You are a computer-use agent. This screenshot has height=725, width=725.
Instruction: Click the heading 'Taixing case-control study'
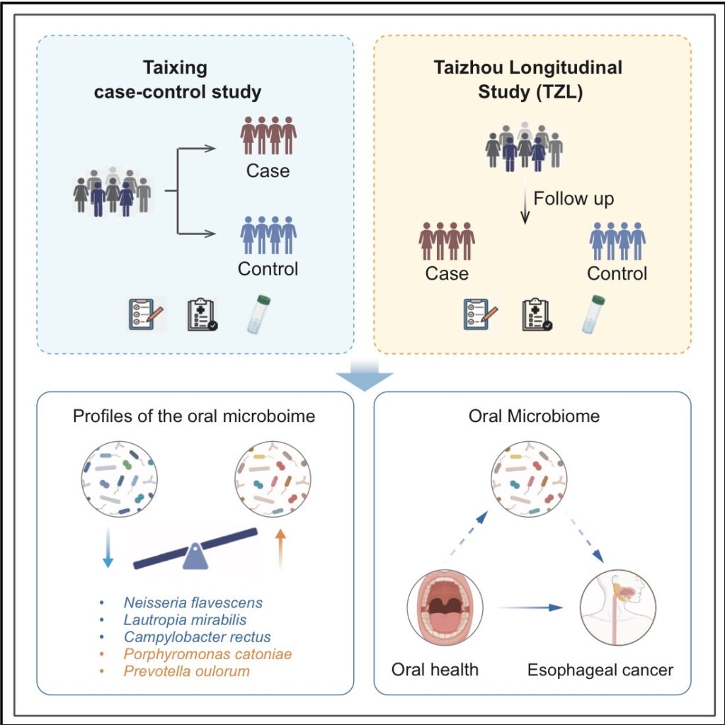coord(178,80)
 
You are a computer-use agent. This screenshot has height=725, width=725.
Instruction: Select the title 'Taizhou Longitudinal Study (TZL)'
coord(527,80)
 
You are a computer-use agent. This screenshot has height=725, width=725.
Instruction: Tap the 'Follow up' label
coord(573,198)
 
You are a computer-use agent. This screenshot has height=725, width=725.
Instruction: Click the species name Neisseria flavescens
coord(193,603)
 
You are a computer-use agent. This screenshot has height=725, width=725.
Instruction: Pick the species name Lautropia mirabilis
coord(188,620)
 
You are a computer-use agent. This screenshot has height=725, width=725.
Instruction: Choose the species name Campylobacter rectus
coord(197,637)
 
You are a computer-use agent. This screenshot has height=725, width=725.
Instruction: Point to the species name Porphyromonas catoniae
coord(207,654)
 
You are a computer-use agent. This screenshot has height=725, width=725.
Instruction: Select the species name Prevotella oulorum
coord(186,670)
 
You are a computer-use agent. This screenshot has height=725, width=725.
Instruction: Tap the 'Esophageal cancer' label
coord(600,669)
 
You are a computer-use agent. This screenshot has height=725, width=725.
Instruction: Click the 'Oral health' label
coord(435,669)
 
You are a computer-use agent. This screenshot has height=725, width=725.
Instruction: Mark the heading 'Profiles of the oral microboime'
coord(194,416)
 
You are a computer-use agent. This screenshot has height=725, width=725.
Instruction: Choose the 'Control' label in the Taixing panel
coord(268,269)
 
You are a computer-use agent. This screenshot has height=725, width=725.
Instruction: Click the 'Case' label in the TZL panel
coord(447,273)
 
